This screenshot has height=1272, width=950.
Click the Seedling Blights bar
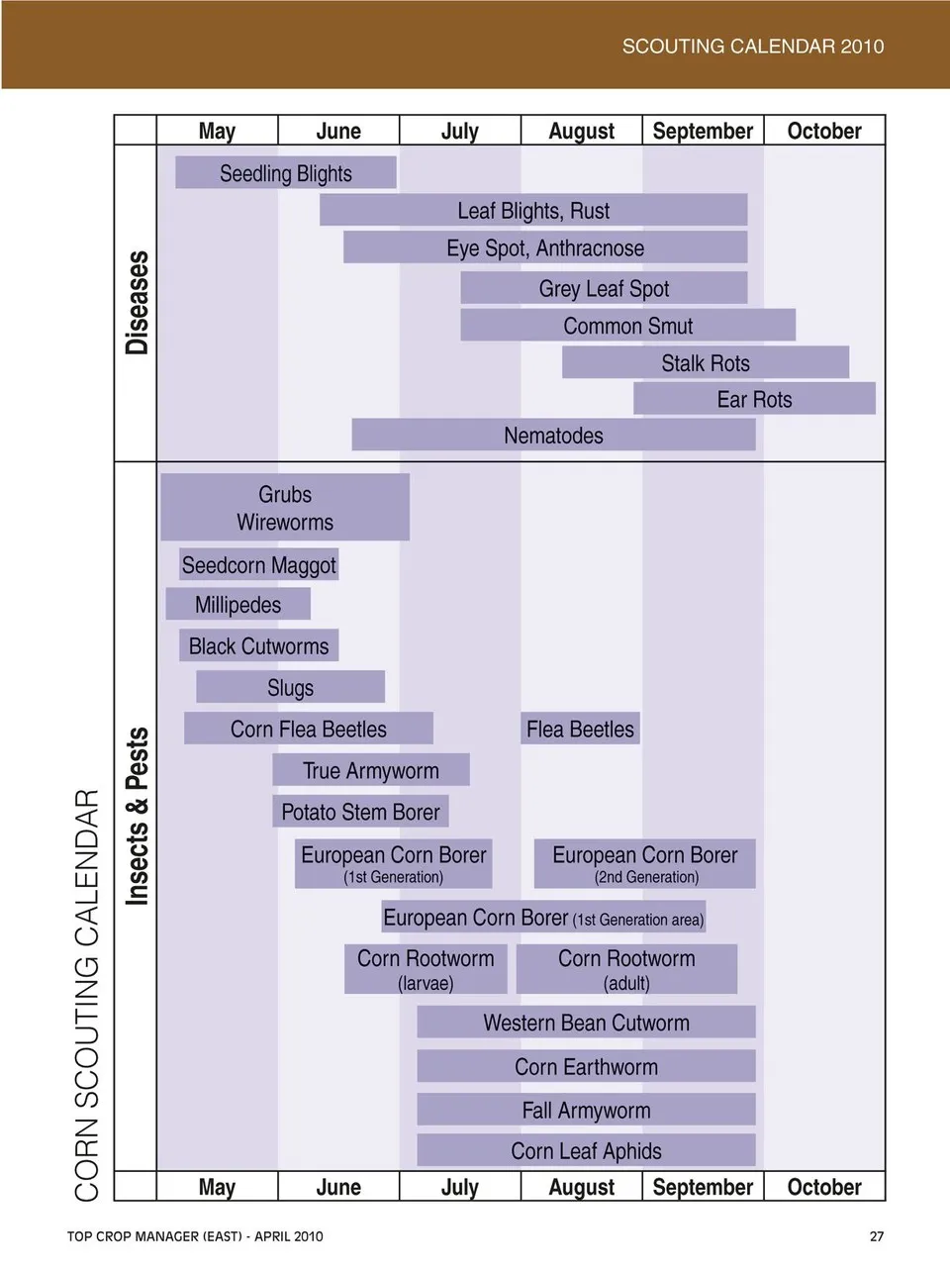tap(285, 173)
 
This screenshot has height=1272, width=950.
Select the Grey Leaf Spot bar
tap(604, 288)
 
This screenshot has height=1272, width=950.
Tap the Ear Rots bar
tap(754, 399)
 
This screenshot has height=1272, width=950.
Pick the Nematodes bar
tap(553, 436)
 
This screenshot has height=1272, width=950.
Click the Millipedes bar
tap(237, 605)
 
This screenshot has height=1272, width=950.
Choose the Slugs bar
tap(290, 687)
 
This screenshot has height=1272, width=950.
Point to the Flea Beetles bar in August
tap(580, 730)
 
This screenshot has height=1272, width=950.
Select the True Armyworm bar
tap(370, 770)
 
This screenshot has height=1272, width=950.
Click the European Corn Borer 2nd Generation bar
tap(645, 864)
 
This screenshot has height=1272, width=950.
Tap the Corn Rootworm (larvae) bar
tap(426, 969)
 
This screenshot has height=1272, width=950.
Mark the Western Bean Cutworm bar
tap(586, 1023)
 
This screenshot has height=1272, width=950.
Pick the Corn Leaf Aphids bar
tap(586, 1150)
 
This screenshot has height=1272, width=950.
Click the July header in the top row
tap(459, 131)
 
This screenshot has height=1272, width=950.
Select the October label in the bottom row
tap(823, 1187)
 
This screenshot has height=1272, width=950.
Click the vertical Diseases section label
tap(137, 303)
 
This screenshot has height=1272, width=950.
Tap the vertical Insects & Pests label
tap(137, 817)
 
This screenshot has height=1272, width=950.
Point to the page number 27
tap(877, 1236)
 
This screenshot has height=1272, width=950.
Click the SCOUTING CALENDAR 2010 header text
tap(752, 46)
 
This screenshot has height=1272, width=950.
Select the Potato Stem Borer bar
tap(360, 812)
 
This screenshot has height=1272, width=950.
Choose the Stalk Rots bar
tap(706, 362)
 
